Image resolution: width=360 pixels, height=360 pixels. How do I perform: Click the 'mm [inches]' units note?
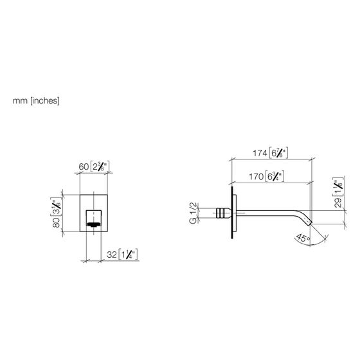[36, 100]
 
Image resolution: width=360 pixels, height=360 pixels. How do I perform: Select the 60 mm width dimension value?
[84, 166]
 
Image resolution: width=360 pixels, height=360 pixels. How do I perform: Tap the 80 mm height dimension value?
[56, 222]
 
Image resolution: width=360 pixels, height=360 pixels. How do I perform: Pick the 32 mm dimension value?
[112, 255]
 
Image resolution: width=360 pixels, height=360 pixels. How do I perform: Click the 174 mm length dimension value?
[260, 153]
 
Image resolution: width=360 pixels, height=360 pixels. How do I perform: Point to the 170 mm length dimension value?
[256, 177]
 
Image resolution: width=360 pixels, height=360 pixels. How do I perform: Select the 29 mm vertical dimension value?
[337, 203]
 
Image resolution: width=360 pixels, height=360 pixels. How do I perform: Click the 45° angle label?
[303, 238]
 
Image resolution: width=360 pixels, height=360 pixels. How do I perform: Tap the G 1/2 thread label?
[194, 213]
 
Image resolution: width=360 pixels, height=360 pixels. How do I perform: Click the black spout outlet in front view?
[93, 224]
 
